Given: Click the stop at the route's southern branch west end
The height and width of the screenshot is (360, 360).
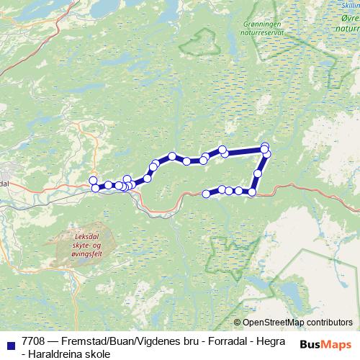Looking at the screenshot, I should [207, 193].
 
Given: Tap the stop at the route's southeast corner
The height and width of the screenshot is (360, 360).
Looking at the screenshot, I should [252, 192].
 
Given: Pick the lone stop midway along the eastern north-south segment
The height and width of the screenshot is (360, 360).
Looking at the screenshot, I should [258, 174].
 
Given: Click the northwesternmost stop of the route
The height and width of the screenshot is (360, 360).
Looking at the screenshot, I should [92, 180].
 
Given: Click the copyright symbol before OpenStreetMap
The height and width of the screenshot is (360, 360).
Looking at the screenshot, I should [237, 323].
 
